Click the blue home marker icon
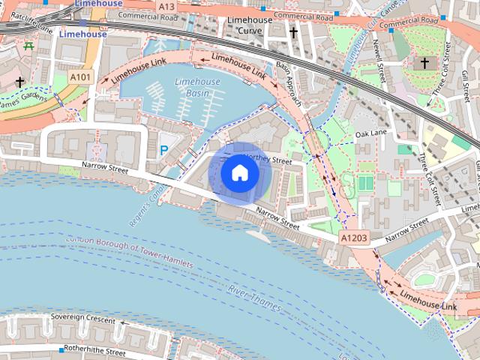pos(239,173)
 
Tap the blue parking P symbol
pos(164,151)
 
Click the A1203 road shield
pos(354,238)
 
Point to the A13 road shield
pos(166,6)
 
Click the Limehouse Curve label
pos(250,25)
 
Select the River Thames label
pos(255,298)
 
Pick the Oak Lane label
pos(370,133)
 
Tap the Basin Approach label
pos(287,82)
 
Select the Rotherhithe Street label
pos(94,349)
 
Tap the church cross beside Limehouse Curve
pos(293,33)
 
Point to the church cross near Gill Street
pos(424,63)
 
